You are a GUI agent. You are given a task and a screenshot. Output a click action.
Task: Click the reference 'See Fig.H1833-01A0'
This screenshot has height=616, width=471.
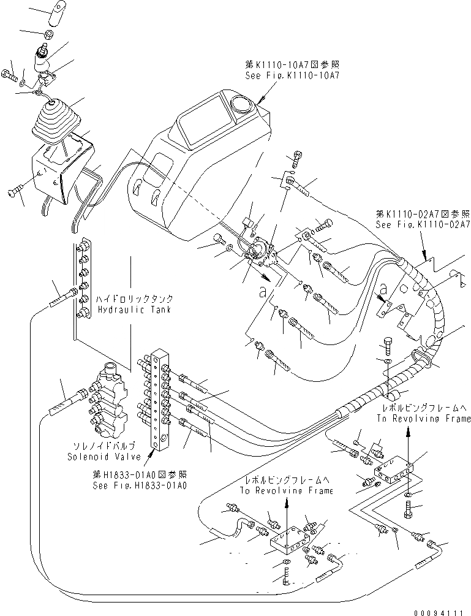pos(140,484)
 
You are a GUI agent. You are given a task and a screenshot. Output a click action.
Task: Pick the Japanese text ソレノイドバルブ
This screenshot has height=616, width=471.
pos(104,446)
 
